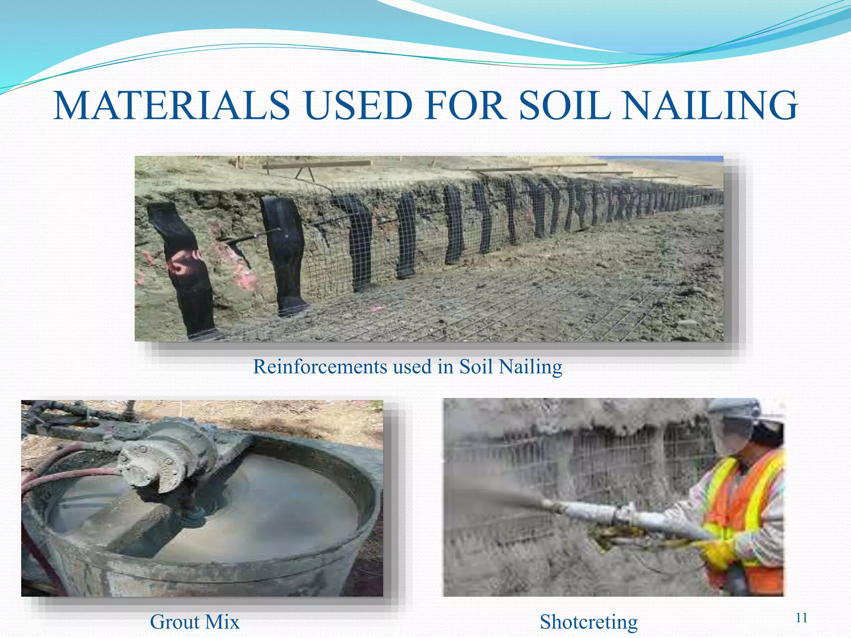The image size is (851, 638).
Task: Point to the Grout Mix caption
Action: tap(194, 622)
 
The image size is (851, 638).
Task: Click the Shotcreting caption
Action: tap(588, 622)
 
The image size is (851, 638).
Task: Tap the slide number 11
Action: tap(801, 618)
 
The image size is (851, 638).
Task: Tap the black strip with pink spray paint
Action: tap(183, 266)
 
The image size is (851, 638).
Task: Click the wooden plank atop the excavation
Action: tap(318, 165)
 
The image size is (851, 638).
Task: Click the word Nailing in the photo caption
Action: tap(530, 367)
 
